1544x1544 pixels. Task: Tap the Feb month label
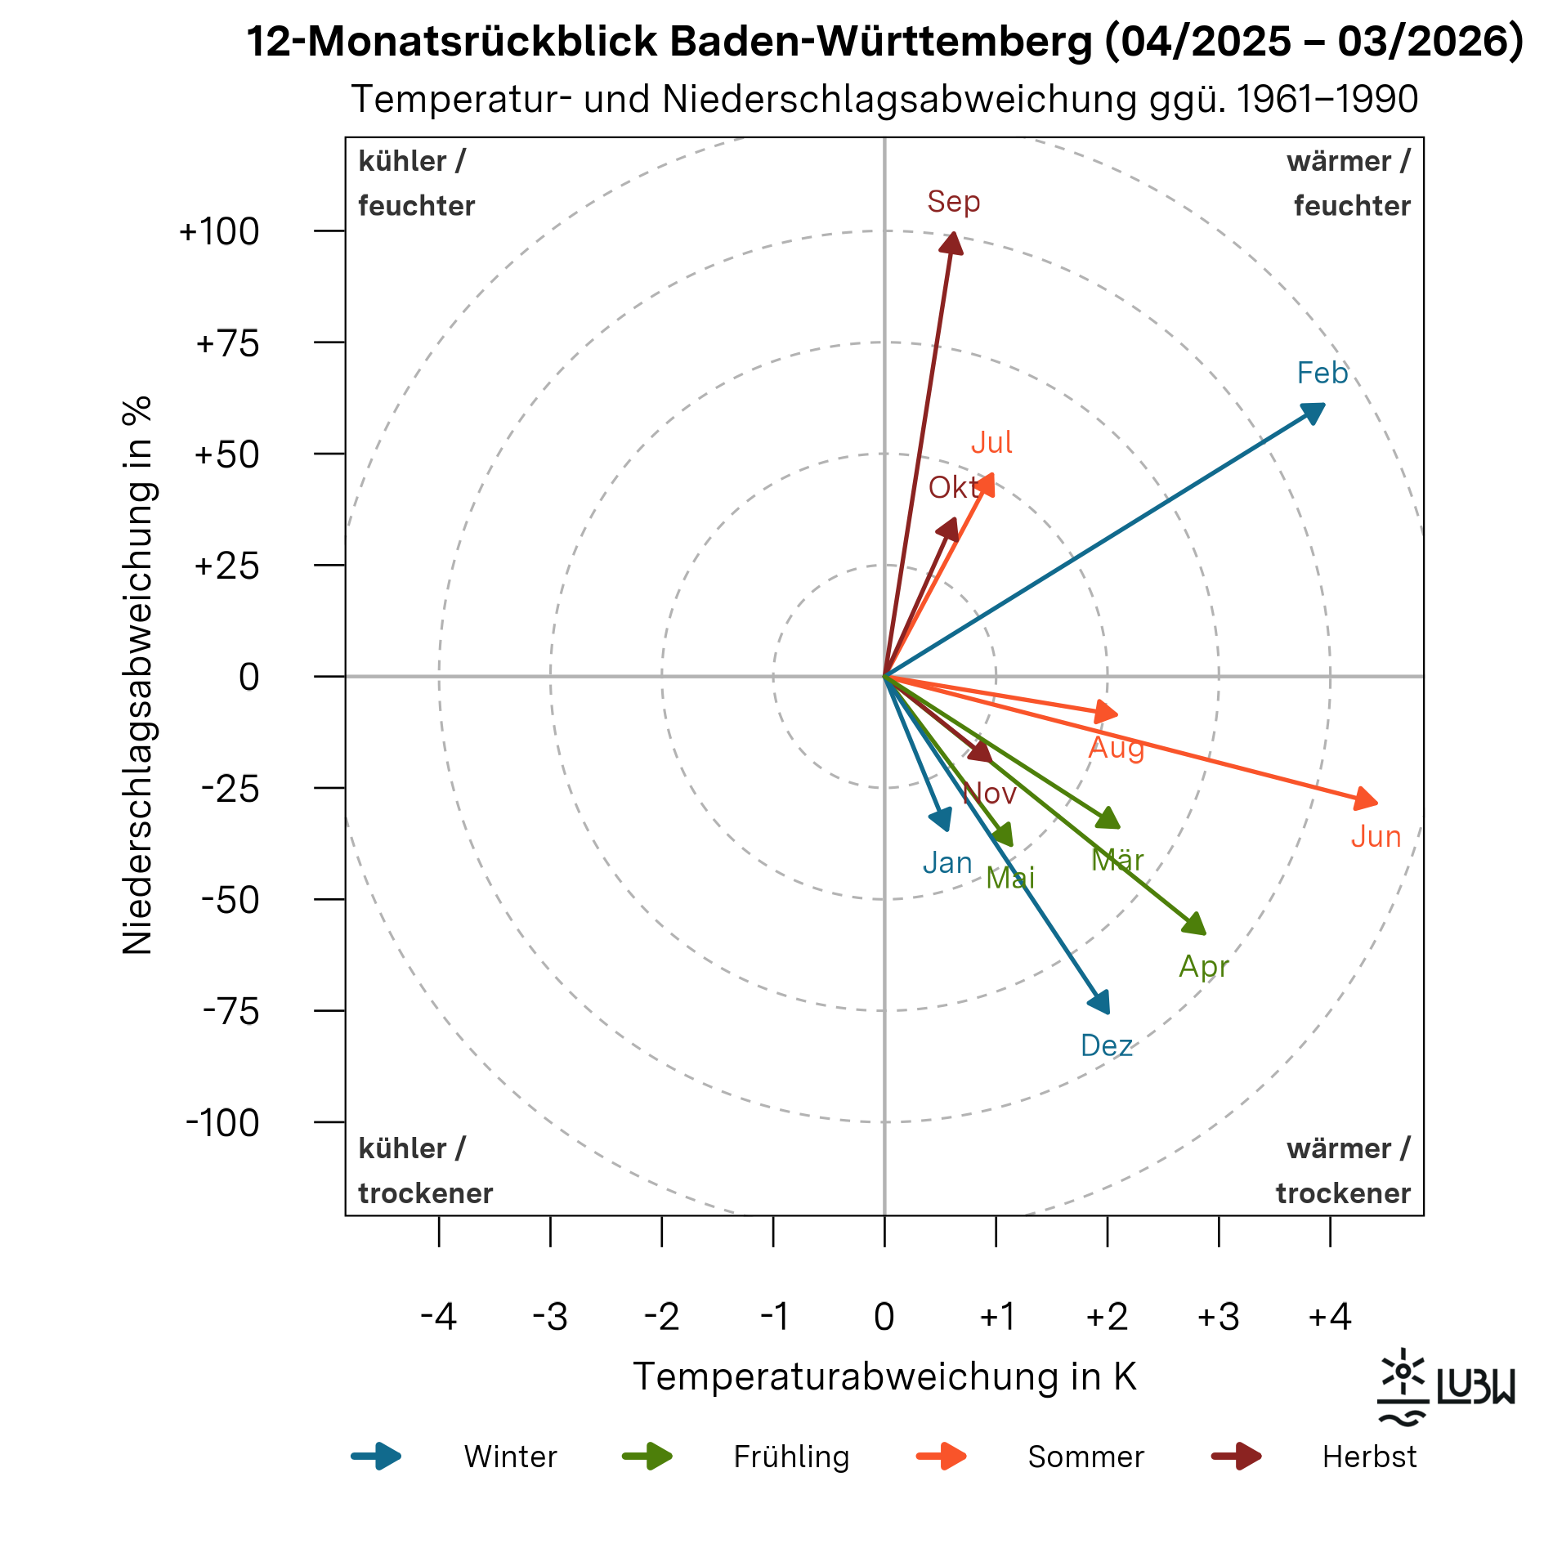tap(1322, 374)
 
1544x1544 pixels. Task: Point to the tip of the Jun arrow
tap(1368, 801)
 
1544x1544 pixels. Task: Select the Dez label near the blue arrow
tap(1107, 1046)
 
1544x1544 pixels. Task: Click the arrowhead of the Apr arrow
tap(1197, 925)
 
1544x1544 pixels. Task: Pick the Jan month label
tap(947, 863)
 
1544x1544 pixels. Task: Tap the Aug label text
tap(1117, 748)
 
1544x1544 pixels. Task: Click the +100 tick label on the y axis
tap(219, 232)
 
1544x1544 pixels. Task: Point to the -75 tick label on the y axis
tap(231, 1012)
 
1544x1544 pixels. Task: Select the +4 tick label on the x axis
tap(1330, 1317)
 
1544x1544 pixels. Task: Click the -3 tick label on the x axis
tap(550, 1317)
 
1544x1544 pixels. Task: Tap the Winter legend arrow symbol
tap(377, 1457)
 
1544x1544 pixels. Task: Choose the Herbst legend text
tap(1369, 1457)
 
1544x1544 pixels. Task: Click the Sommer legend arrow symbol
tap(942, 1457)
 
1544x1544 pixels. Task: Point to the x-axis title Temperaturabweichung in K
tap(884, 1376)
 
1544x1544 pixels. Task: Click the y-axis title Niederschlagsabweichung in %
tap(137, 675)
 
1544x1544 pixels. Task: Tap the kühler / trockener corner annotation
tap(425, 1170)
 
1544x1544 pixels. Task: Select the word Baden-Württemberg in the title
tap(880, 41)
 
